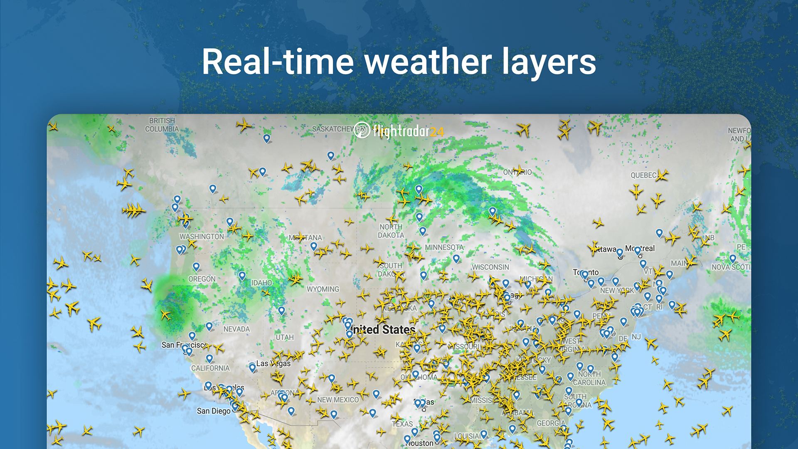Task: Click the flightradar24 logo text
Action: (x=408, y=131)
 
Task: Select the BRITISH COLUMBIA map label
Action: (x=162, y=125)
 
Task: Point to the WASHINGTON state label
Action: (x=202, y=237)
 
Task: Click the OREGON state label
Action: (x=202, y=279)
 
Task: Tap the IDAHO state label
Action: (x=261, y=283)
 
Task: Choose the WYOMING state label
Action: (x=323, y=289)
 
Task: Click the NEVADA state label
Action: (x=236, y=329)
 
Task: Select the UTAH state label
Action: (x=285, y=337)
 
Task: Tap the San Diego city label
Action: (x=214, y=411)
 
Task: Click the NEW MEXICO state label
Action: (x=338, y=400)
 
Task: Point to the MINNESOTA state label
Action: (x=444, y=247)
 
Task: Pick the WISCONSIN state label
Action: (x=490, y=267)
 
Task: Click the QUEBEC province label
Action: (x=643, y=175)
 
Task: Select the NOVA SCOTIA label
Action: (x=731, y=267)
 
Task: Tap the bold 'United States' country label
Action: (x=383, y=330)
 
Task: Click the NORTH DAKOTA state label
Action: (x=391, y=231)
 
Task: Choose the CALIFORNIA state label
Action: (x=210, y=368)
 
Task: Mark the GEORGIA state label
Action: (x=551, y=423)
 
